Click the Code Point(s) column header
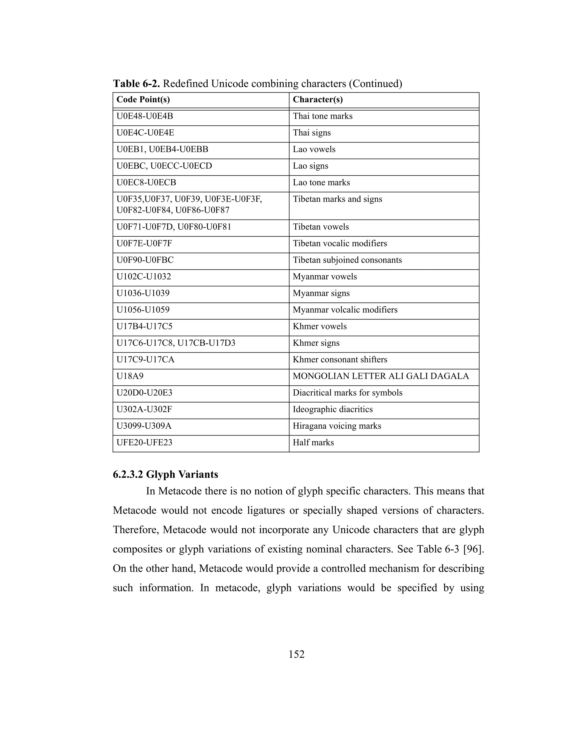point(143,100)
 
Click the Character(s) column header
point(318,100)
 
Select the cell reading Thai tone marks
point(322,116)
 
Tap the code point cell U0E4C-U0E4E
point(145,133)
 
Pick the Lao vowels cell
point(314,149)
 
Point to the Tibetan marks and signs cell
point(337,199)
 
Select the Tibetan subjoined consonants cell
point(347,260)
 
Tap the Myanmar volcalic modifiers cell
point(345,310)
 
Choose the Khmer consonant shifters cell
point(340,360)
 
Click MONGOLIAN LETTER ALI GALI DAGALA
point(381,376)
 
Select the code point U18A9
point(130,376)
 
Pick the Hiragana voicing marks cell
point(337,426)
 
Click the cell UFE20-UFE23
point(144,443)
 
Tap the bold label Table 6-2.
point(136,83)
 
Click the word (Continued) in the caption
point(375,83)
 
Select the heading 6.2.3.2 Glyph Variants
point(166,474)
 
